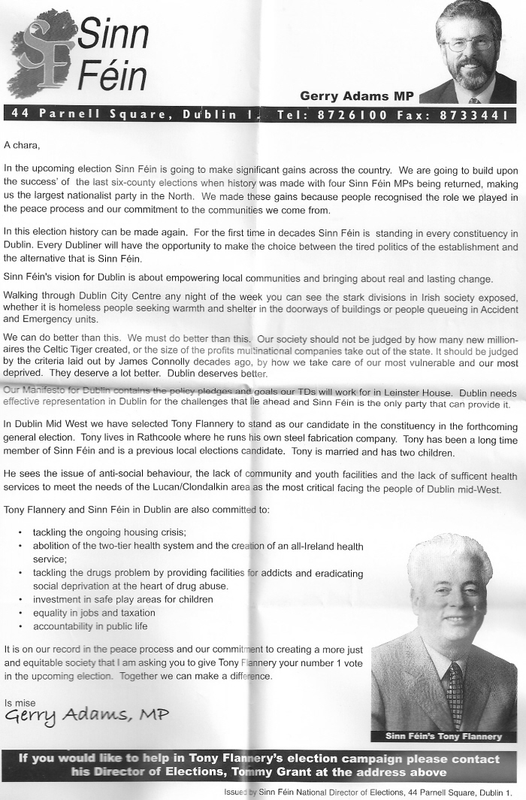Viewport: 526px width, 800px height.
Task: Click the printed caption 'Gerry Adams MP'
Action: (x=355, y=95)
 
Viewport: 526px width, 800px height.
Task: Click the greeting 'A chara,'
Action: (x=22, y=144)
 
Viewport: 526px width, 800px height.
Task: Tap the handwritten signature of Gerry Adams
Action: (x=86, y=715)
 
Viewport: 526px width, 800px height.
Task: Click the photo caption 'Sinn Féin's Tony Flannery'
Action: (x=443, y=736)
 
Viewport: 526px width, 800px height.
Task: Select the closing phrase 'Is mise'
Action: (x=20, y=703)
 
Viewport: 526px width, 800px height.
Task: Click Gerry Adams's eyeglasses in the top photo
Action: (x=470, y=44)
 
